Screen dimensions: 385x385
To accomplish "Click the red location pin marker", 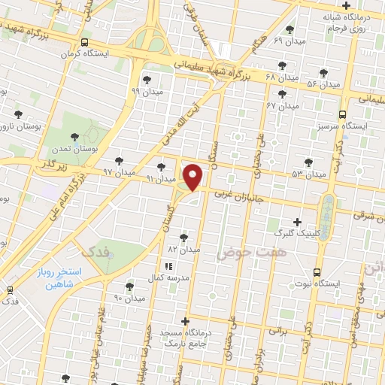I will (x=194, y=176).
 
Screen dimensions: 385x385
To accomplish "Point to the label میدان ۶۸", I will (x=282, y=77).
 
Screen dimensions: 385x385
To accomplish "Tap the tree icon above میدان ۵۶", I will (x=324, y=73).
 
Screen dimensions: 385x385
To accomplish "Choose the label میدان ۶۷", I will (x=282, y=106).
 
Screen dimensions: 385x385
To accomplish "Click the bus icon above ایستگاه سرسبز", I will (x=343, y=115).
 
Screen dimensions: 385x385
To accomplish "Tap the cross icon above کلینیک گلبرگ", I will (x=299, y=223).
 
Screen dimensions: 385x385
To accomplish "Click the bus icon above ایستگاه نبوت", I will (x=317, y=271).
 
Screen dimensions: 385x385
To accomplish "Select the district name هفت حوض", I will (x=243, y=254).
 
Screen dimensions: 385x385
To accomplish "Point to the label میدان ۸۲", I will (x=183, y=248).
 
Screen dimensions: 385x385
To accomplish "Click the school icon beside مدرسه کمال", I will (x=168, y=266).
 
